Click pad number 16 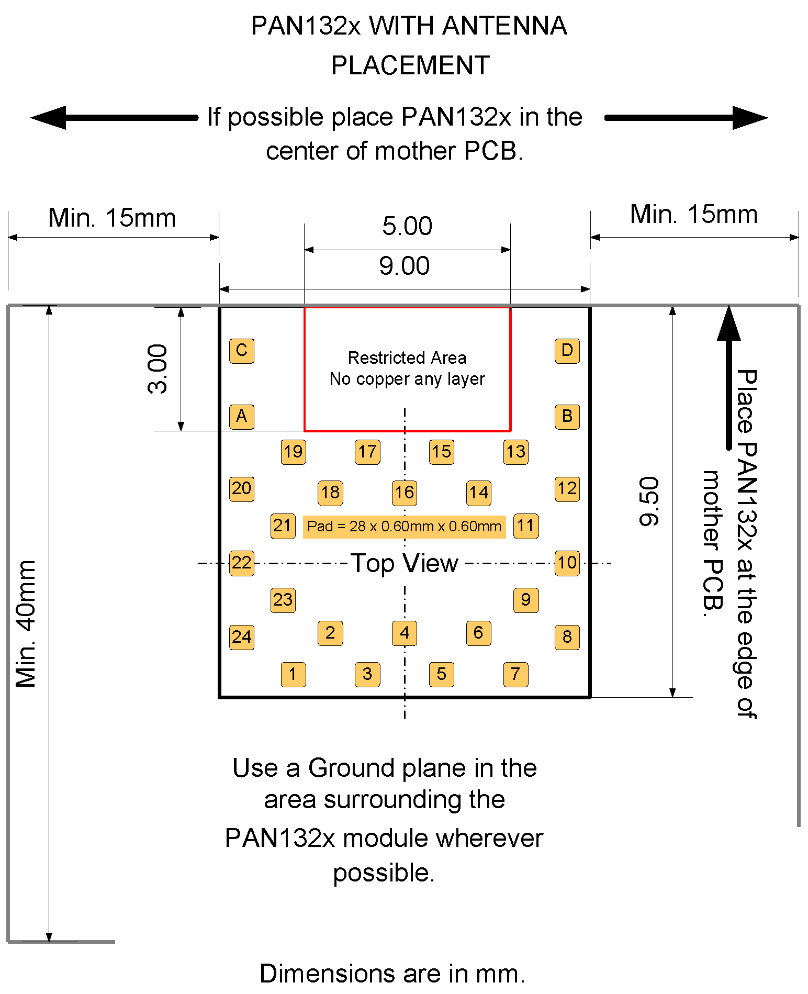click(405, 493)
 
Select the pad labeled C click(242, 350)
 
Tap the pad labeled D click(567, 350)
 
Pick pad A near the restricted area click(242, 417)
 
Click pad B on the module click(567, 417)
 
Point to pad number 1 click(293, 674)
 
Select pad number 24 click(242, 637)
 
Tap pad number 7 click(515, 674)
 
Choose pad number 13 click(515, 452)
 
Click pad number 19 click(293, 452)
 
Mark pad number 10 click(567, 563)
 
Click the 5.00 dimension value click(407, 226)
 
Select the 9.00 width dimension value click(404, 266)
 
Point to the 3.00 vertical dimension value click(158, 368)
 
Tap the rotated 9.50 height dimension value click(649, 501)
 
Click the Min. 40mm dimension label click(26, 623)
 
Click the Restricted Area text click(407, 358)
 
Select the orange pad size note click(404, 526)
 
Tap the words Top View click(404, 564)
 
